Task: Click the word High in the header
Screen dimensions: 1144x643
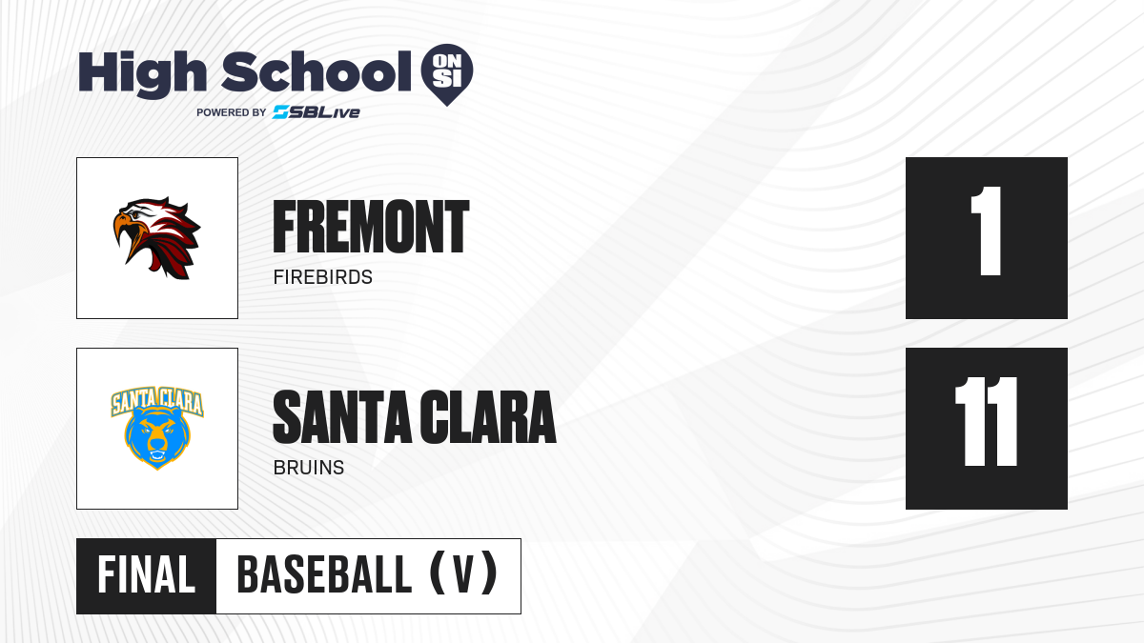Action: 142,74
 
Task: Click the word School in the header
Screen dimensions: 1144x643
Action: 317,71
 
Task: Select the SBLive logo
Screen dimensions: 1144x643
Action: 316,112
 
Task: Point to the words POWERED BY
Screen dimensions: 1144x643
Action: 232,112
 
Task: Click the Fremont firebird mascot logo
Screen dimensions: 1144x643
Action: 156,238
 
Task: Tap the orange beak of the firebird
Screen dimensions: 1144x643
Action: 126,236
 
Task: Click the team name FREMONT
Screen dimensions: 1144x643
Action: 371,227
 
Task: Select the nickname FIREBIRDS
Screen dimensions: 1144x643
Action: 323,277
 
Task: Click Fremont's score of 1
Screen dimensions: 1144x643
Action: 987,231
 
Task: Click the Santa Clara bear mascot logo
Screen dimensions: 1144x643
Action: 157,428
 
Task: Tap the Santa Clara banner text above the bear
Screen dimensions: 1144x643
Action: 157,401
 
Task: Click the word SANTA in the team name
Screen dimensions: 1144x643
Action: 342,417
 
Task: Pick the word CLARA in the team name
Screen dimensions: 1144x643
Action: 488,417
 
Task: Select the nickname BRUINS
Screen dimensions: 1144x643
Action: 309,468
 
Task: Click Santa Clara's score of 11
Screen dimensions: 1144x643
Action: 987,421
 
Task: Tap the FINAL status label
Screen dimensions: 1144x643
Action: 147,575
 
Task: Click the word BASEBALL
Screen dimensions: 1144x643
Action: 324,575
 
